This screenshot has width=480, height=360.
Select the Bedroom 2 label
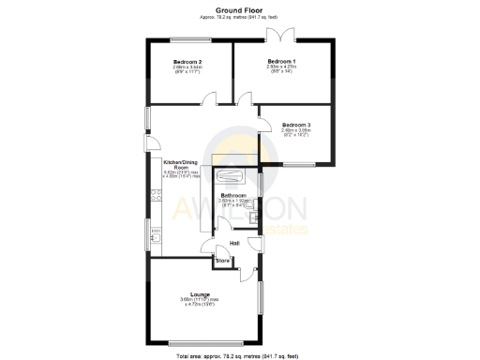[187, 61]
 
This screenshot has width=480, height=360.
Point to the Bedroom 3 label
[295, 125]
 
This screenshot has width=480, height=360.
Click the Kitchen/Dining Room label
[182, 165]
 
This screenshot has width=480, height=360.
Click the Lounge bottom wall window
[201, 344]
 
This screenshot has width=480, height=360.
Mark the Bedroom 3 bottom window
[299, 165]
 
